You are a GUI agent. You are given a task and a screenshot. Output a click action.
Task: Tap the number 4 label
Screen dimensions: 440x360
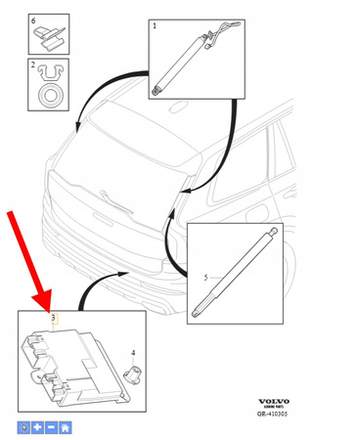click(134, 351)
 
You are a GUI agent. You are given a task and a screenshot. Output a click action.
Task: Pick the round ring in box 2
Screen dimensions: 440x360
click(48, 97)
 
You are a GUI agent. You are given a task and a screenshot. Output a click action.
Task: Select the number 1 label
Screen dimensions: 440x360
click(154, 26)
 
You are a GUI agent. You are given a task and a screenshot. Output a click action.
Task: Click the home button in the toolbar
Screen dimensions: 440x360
click(65, 427)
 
